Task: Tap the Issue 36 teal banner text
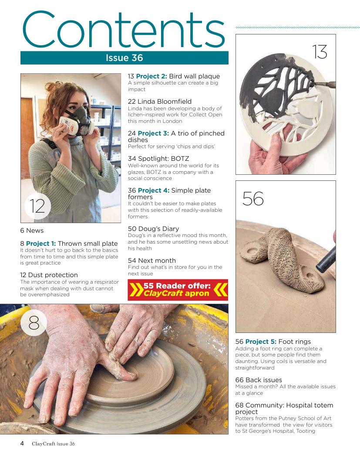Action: [x=124, y=58]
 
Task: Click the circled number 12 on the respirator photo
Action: [x=37, y=206]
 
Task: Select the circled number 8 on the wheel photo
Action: [x=34, y=322]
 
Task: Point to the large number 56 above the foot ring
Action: [x=253, y=199]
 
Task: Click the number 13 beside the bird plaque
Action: [x=320, y=52]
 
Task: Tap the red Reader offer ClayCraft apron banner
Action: [x=178, y=290]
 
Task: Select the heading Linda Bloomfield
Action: [x=160, y=102]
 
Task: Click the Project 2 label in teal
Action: [x=151, y=76]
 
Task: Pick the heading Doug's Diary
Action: [x=154, y=228]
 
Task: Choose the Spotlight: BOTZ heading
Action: [x=158, y=158]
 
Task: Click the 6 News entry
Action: [x=32, y=231]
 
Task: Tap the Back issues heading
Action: [x=259, y=380]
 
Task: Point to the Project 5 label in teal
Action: [x=261, y=342]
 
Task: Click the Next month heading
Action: [x=151, y=260]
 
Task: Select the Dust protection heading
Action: [x=49, y=275]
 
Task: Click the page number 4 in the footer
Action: [x=22, y=443]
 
